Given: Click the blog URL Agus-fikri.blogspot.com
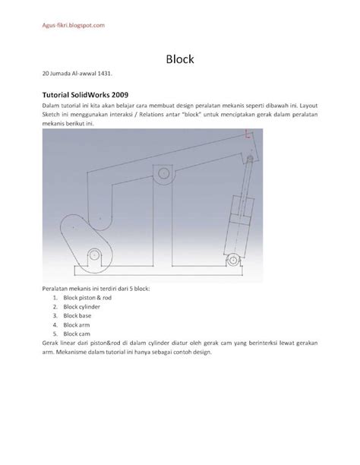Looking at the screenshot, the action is tap(73, 25).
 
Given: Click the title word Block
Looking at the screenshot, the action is tap(179, 58).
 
